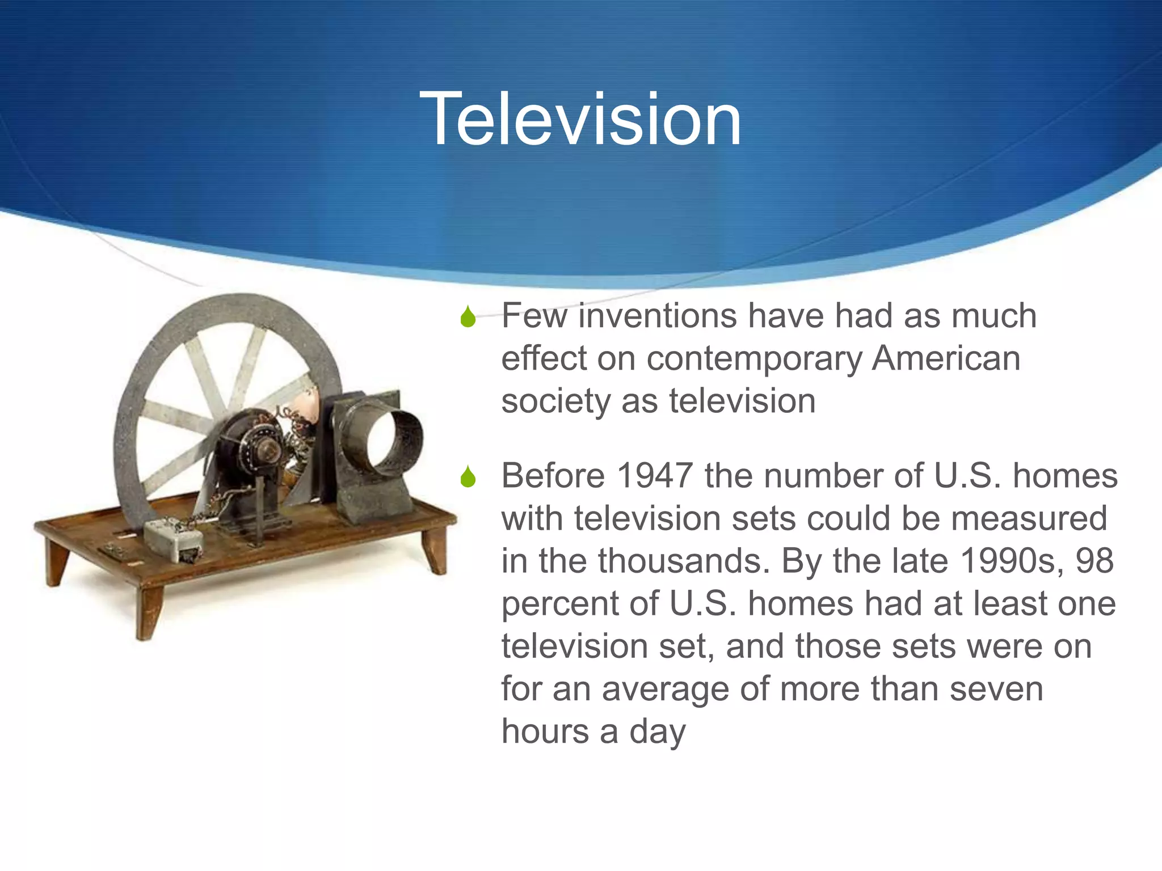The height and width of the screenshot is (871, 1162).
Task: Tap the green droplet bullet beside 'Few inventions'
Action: (468, 317)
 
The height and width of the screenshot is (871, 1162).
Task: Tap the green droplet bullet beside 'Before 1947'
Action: (468, 477)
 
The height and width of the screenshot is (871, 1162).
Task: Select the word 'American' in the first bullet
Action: (946, 358)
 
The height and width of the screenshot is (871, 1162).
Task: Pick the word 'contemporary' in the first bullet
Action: (754, 360)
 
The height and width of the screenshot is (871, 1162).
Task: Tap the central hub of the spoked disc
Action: (267, 451)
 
